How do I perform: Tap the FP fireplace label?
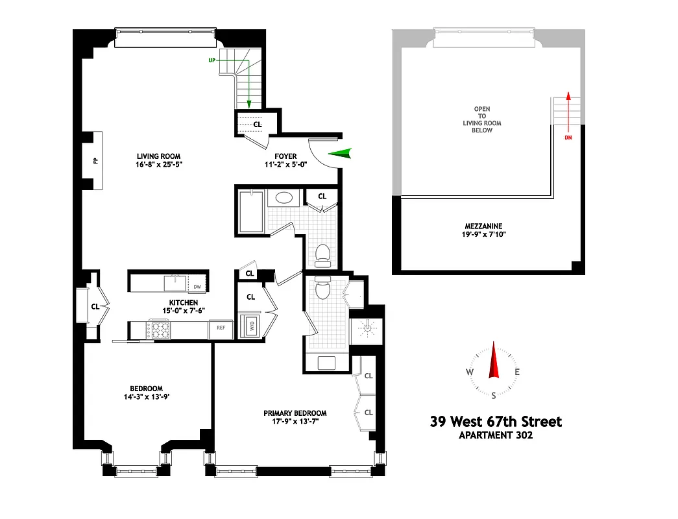coord(95,160)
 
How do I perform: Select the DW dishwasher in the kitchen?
coord(197,287)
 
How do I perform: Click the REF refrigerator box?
coord(221,328)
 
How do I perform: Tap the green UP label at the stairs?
coord(212,60)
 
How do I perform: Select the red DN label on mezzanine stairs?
coord(568,138)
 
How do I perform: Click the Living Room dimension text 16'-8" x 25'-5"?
coord(158,165)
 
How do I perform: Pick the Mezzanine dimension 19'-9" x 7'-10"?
coord(484,234)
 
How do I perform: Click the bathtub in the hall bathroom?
coord(251,211)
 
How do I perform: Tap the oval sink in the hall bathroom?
coord(284,199)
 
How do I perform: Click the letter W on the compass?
coord(468,372)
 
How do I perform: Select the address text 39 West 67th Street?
coord(496,422)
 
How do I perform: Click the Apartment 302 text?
coord(496,435)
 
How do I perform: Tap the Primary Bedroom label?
coord(295,413)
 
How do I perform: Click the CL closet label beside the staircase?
coord(258,124)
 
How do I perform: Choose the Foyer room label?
coord(285,156)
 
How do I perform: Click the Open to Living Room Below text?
coord(482,119)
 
